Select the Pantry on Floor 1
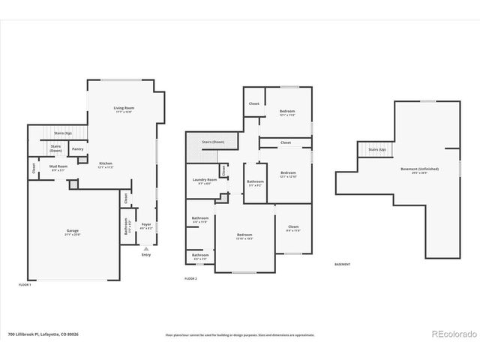77,149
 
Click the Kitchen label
106,165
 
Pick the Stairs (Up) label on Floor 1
63,133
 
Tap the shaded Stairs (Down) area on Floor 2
213,142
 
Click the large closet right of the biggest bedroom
292,229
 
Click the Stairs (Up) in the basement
376,149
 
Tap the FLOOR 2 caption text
192,278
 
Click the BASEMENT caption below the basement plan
342,265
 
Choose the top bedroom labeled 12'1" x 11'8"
287,112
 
